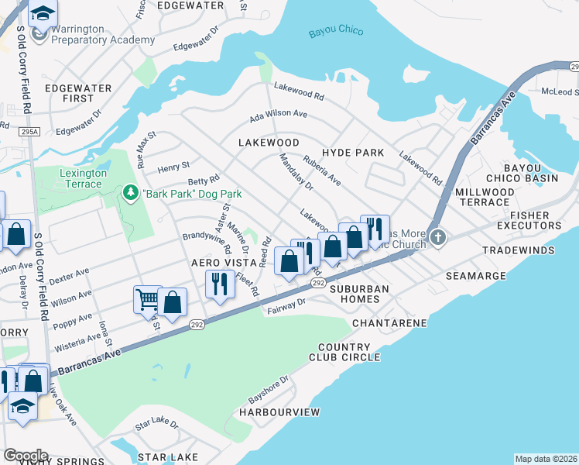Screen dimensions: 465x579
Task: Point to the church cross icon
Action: tap(438, 237)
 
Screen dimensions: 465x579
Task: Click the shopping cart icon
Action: tap(147, 298)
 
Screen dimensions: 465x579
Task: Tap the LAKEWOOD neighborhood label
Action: tap(269, 143)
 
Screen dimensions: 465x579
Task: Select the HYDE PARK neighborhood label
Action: tap(353, 153)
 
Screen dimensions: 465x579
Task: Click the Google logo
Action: tap(25, 456)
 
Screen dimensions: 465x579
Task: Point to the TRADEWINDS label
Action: tap(519, 251)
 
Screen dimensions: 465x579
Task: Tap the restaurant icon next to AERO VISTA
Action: tap(219, 284)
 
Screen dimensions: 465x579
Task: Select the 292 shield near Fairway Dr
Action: tap(318, 284)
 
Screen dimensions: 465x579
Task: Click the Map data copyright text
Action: tap(546, 459)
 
